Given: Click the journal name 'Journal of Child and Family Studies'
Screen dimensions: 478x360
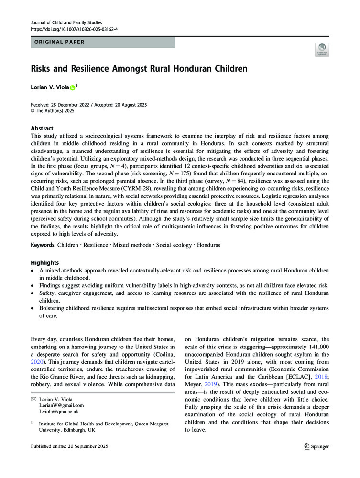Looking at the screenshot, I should (x=66, y=22).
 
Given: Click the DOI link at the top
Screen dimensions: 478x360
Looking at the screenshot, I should (x=74, y=29).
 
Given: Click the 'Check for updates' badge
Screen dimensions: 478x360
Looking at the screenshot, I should (x=322, y=49).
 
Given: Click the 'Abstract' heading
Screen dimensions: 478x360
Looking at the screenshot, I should (x=43, y=129).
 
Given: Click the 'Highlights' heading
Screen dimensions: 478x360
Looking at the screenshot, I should (x=45, y=263).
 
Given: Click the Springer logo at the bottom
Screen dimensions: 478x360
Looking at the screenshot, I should (x=317, y=446).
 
